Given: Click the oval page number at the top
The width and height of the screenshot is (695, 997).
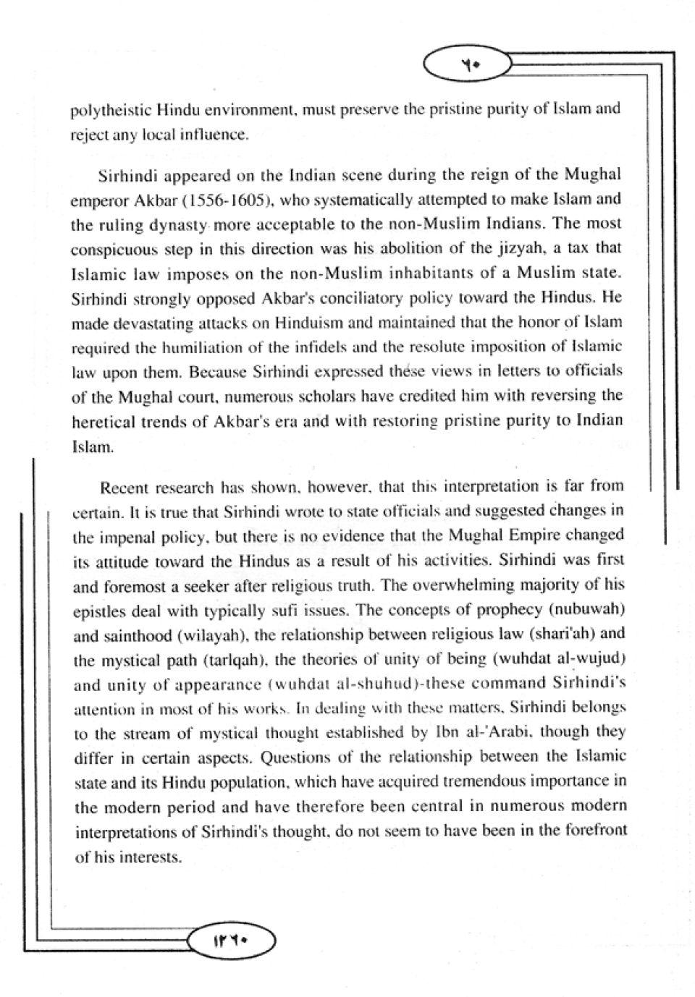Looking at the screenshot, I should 468,66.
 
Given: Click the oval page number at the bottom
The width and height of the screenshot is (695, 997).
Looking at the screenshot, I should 232,941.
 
